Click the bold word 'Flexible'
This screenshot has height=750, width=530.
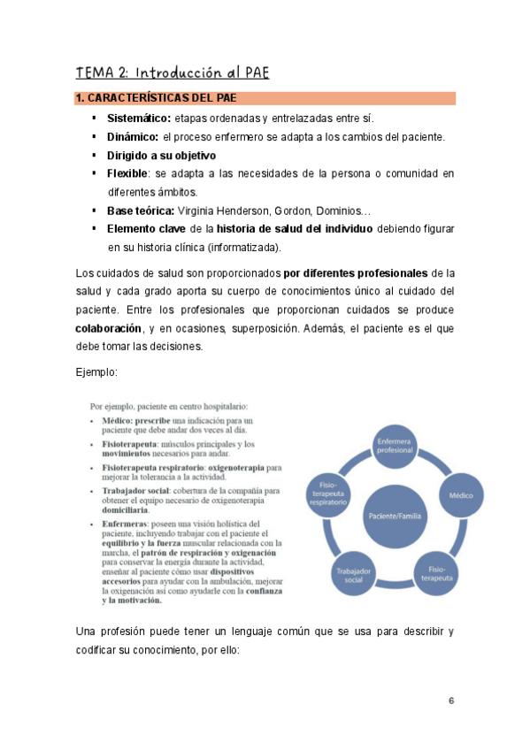click(x=127, y=173)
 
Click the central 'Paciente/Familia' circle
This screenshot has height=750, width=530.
click(x=394, y=515)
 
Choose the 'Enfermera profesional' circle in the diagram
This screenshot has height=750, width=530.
click(x=395, y=444)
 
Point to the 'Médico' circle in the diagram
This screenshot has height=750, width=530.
click(x=461, y=495)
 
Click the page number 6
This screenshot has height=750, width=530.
click(x=451, y=700)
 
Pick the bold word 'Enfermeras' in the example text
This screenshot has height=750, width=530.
click(x=127, y=524)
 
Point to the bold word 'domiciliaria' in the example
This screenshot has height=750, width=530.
click(x=124, y=509)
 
